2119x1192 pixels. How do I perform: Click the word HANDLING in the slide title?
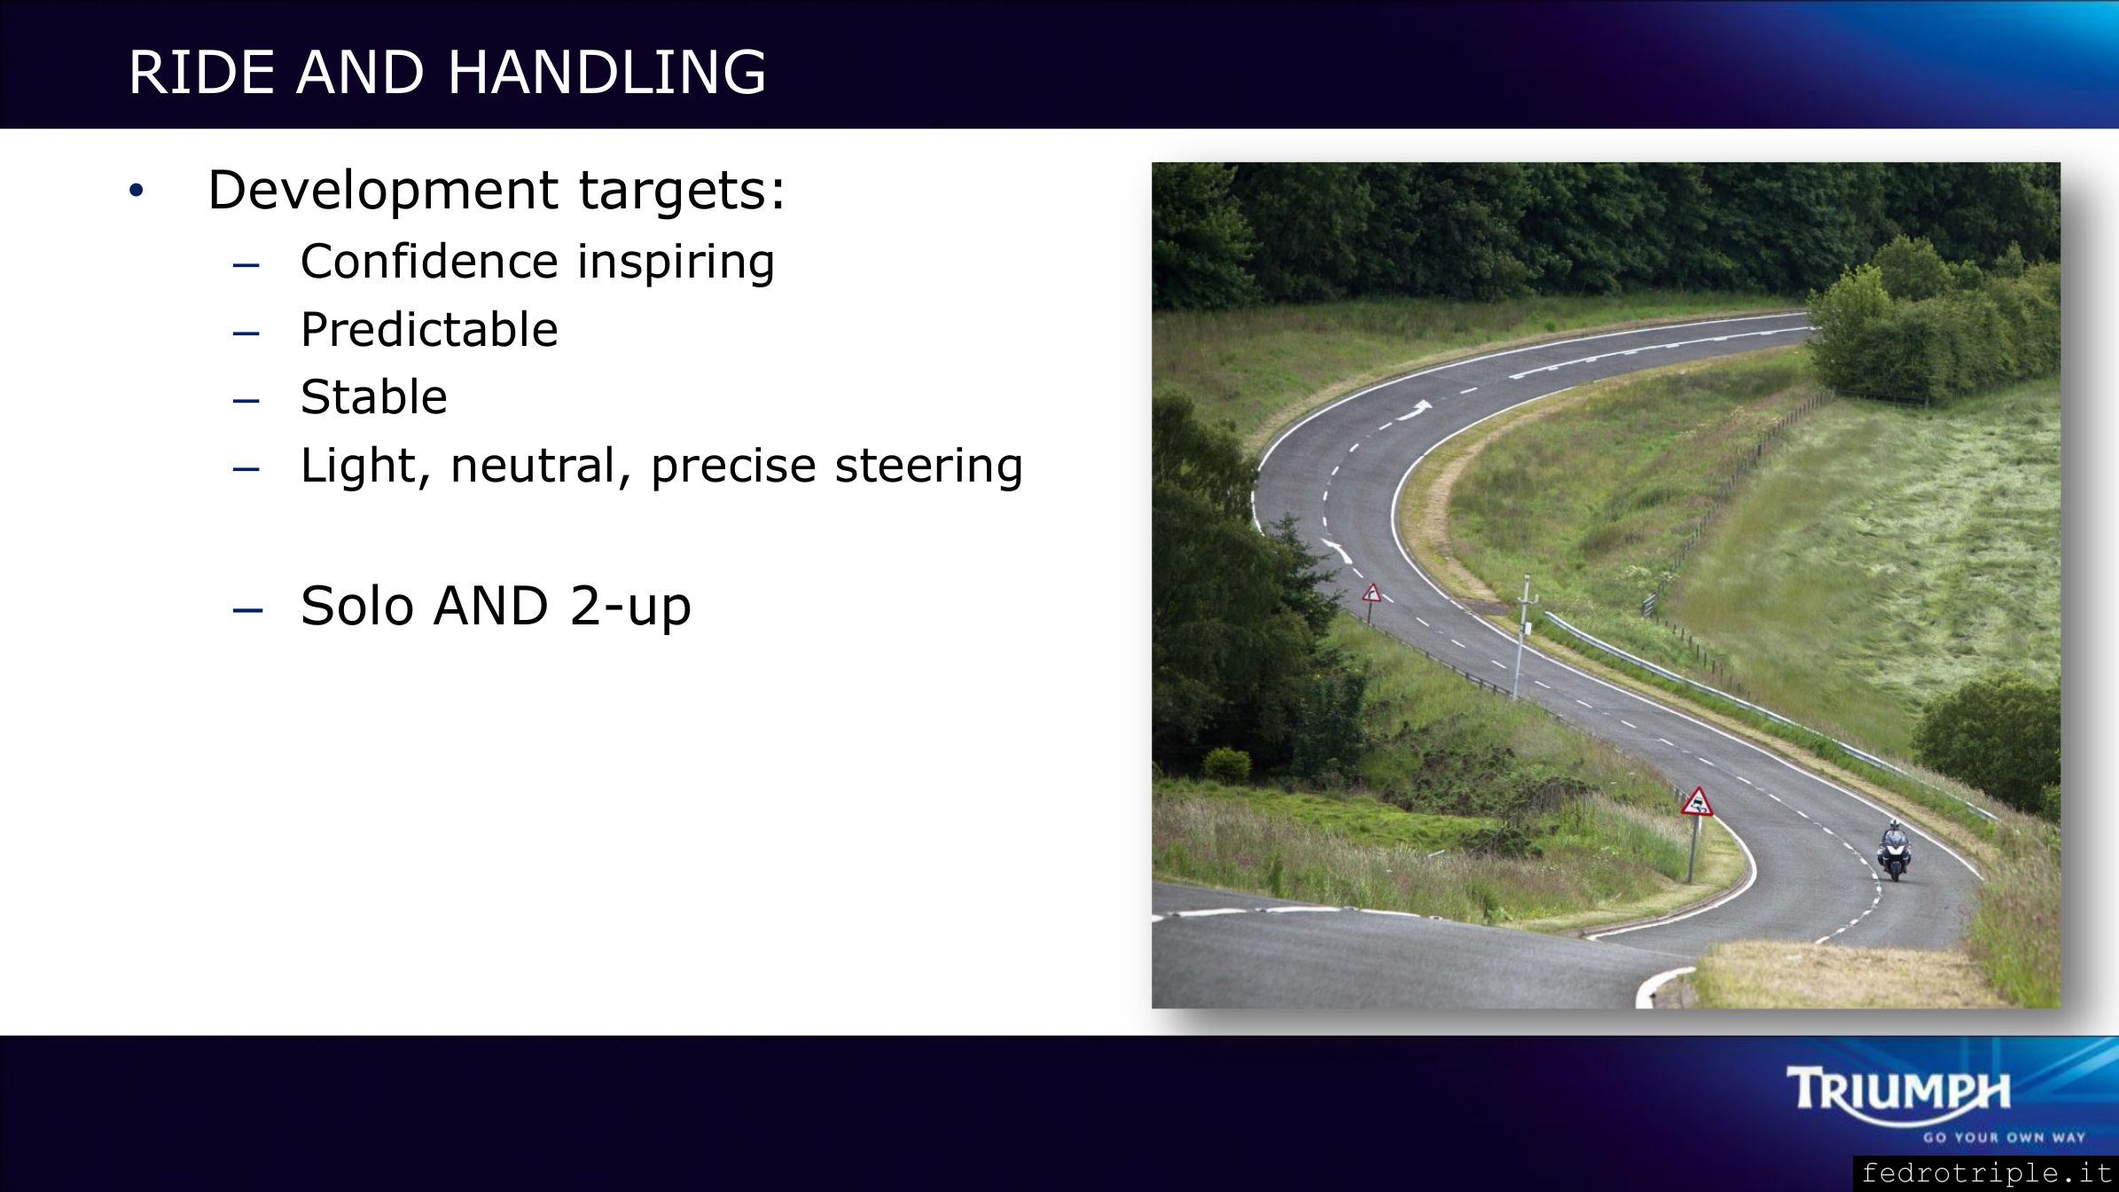[x=606, y=72]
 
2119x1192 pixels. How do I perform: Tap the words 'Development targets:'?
[x=497, y=190]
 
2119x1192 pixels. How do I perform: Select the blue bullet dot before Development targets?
[x=135, y=191]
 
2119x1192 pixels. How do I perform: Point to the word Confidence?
[x=429, y=262]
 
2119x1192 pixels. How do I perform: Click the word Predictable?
[x=429, y=330]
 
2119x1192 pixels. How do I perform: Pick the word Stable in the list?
[x=374, y=397]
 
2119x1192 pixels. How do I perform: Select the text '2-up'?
[x=630, y=608]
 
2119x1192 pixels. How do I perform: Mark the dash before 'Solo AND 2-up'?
[x=247, y=610]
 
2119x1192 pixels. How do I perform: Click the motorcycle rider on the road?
[x=1891, y=851]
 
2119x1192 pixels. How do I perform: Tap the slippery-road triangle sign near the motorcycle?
[x=1697, y=803]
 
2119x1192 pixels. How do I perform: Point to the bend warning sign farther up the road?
[x=1372, y=593]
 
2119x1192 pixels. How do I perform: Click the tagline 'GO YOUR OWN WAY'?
[x=2004, y=1138]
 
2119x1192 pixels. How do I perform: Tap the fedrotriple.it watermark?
[x=1986, y=1173]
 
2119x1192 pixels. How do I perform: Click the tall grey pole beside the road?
[x=1521, y=636]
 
